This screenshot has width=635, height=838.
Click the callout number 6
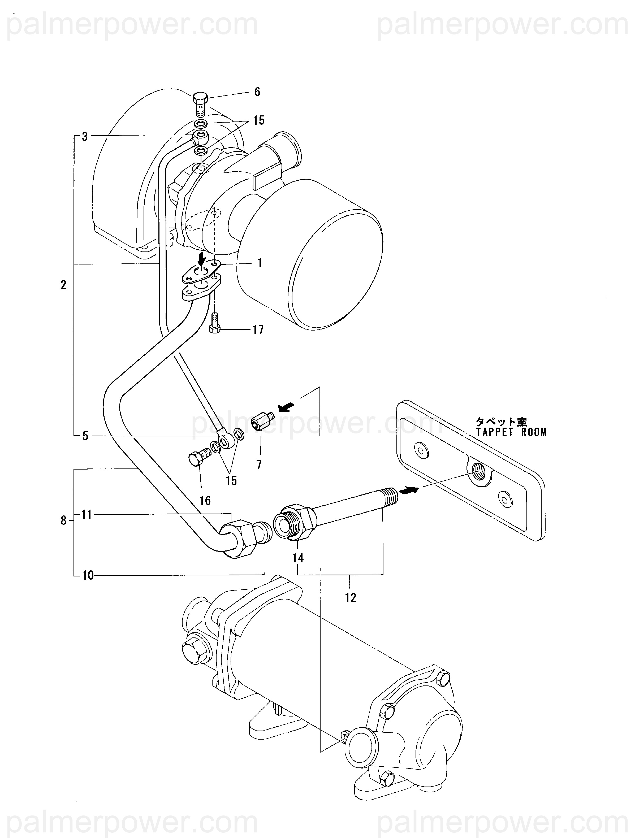257,92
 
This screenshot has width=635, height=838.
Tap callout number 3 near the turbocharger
85,137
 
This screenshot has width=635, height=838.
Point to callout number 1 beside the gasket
260,263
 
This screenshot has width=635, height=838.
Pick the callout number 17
258,330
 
